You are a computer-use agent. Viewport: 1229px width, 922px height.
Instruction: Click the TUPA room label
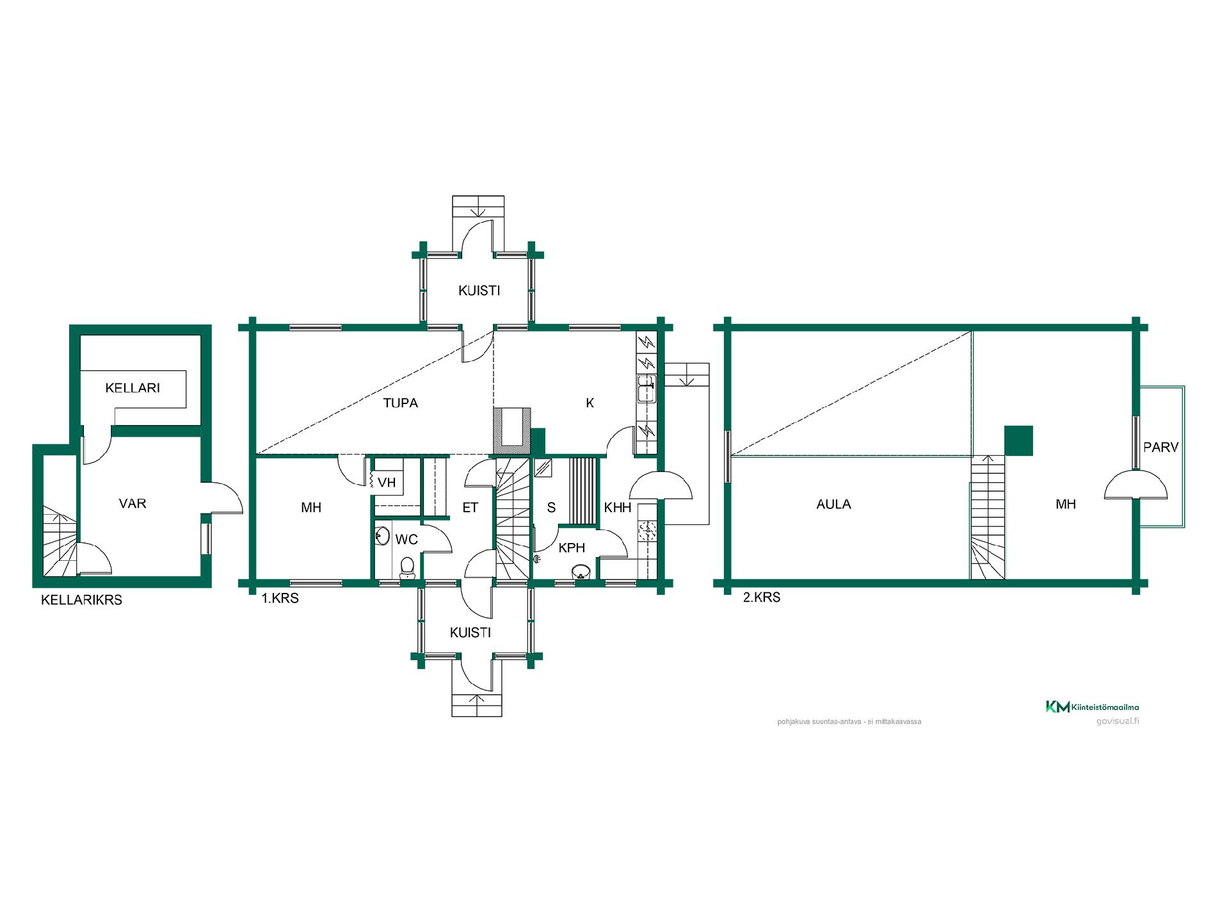point(400,403)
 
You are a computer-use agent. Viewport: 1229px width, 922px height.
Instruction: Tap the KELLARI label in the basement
point(133,387)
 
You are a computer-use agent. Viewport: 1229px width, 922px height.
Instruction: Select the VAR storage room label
point(133,503)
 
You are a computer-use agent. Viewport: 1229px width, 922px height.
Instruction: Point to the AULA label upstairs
point(833,504)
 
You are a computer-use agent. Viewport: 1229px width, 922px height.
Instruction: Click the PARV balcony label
point(1161,447)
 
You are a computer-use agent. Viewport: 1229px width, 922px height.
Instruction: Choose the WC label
point(406,539)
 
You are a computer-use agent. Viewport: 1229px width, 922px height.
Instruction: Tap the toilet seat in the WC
point(406,567)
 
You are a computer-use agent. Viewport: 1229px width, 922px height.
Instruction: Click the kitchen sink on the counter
point(646,389)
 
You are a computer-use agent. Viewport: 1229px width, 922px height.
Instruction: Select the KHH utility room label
point(618,508)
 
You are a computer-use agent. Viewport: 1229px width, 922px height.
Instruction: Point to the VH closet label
point(387,482)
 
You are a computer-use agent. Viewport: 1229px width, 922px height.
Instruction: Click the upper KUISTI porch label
point(479,291)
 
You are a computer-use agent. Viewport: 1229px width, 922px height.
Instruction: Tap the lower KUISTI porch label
point(470,633)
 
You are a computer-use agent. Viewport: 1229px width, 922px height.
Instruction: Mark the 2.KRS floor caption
point(762,597)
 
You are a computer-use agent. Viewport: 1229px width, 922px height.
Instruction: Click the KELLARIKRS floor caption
point(81,600)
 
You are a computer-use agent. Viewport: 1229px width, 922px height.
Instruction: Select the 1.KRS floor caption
point(280,599)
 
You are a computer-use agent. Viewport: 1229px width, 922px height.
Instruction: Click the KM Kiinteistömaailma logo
point(1093,707)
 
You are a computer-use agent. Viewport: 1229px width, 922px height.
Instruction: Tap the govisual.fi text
point(1118,721)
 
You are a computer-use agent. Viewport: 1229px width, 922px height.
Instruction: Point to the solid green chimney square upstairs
point(1018,441)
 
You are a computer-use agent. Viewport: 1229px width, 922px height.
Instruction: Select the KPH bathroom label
point(572,548)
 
